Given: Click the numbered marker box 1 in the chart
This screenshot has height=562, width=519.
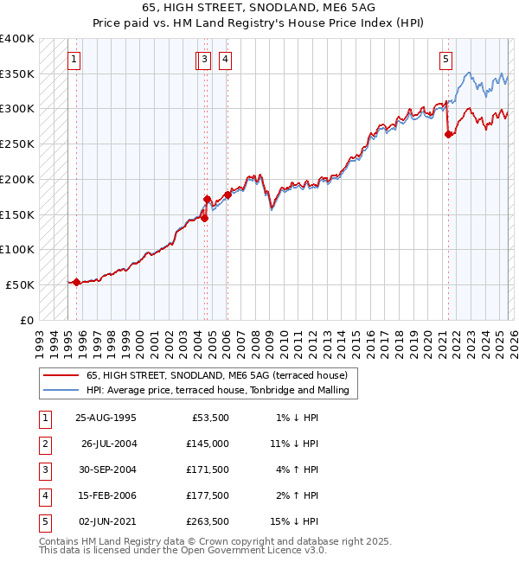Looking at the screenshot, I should [74, 60].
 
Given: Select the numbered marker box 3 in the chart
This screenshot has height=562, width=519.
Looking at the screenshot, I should [203, 60].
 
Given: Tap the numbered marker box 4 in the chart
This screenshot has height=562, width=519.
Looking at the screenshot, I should [224, 60].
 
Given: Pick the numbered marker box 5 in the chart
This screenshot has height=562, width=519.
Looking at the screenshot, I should [445, 60].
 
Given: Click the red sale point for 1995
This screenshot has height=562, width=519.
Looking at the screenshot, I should [76, 282].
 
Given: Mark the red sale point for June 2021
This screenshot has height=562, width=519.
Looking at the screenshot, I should [448, 134].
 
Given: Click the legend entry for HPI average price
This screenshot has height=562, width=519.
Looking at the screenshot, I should [217, 390].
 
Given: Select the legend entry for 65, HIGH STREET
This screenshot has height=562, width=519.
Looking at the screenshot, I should [216, 375].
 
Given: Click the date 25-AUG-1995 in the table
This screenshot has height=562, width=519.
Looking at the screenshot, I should [106, 418].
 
